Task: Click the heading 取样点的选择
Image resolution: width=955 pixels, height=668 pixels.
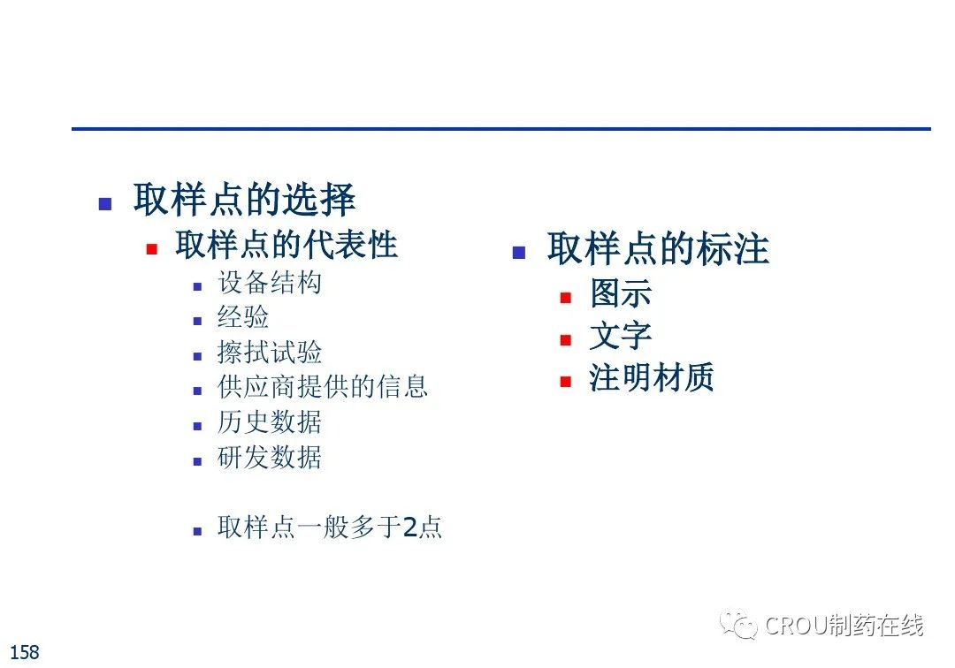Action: pyautogui.click(x=244, y=199)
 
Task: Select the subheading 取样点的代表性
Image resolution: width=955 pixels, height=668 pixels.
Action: pyautogui.click(x=286, y=245)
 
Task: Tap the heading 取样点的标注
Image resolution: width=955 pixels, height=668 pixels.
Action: pyautogui.click(x=658, y=248)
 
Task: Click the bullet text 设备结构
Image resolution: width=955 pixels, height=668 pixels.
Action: pyautogui.click(x=269, y=283)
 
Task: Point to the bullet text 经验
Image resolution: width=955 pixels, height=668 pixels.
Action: pyautogui.click(x=243, y=317)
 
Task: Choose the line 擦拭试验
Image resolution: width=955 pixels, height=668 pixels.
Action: pyautogui.click(x=269, y=353)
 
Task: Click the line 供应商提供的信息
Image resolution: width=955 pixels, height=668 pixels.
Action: pyautogui.click(x=323, y=387)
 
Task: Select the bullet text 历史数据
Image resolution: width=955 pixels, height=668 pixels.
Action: pyautogui.click(x=269, y=422)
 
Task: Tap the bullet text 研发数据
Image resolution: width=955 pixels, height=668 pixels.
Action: pyautogui.click(x=269, y=457)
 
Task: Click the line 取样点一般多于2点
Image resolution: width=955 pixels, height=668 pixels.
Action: pyautogui.click(x=330, y=527)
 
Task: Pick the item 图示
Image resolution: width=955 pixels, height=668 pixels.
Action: pyautogui.click(x=621, y=293)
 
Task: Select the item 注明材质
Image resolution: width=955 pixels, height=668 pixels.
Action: pyautogui.click(x=651, y=377)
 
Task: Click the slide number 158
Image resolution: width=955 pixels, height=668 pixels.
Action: pyautogui.click(x=25, y=652)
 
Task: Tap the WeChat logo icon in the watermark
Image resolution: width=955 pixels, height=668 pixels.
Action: pyautogui.click(x=738, y=624)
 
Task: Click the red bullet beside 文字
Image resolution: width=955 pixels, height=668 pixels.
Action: pyautogui.click(x=566, y=340)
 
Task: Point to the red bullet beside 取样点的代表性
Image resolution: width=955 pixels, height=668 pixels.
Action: pyautogui.click(x=152, y=249)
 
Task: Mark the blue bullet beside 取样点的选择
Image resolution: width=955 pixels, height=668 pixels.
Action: pyautogui.click(x=104, y=204)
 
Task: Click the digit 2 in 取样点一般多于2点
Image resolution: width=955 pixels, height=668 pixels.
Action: pyautogui.click(x=410, y=528)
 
